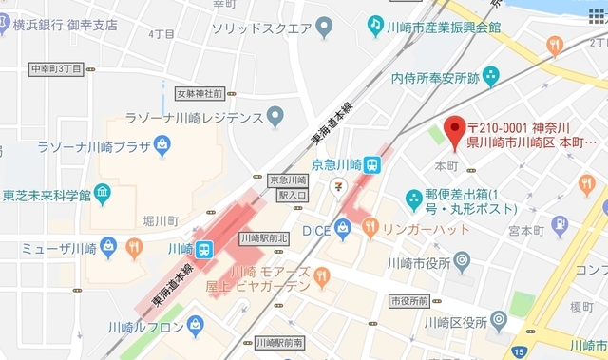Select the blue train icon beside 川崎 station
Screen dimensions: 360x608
click(x=204, y=249)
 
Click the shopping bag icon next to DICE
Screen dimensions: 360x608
click(x=343, y=228)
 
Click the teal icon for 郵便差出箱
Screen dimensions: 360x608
click(x=414, y=199)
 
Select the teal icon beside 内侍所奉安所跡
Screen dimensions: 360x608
click(x=490, y=74)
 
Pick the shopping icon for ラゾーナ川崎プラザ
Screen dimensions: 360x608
click(x=162, y=146)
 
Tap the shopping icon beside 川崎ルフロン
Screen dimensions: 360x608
click(x=196, y=325)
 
